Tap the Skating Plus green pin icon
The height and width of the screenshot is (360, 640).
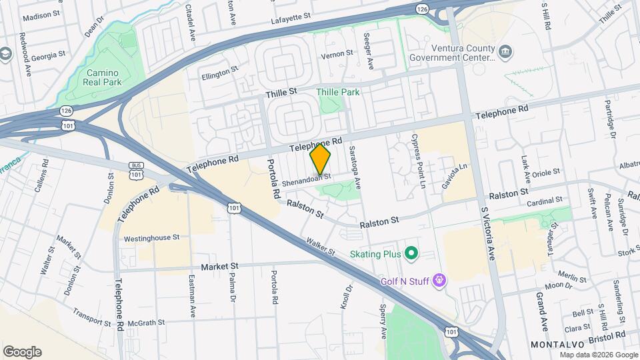[x=411, y=253]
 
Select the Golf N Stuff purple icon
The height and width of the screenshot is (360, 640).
[x=439, y=280]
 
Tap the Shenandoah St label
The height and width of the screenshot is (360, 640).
[x=306, y=179]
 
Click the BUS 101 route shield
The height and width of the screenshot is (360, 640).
[x=136, y=170]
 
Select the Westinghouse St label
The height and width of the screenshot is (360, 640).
[x=151, y=237]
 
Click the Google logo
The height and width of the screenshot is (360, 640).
[x=22, y=351]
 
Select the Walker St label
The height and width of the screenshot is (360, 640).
[x=321, y=247]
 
